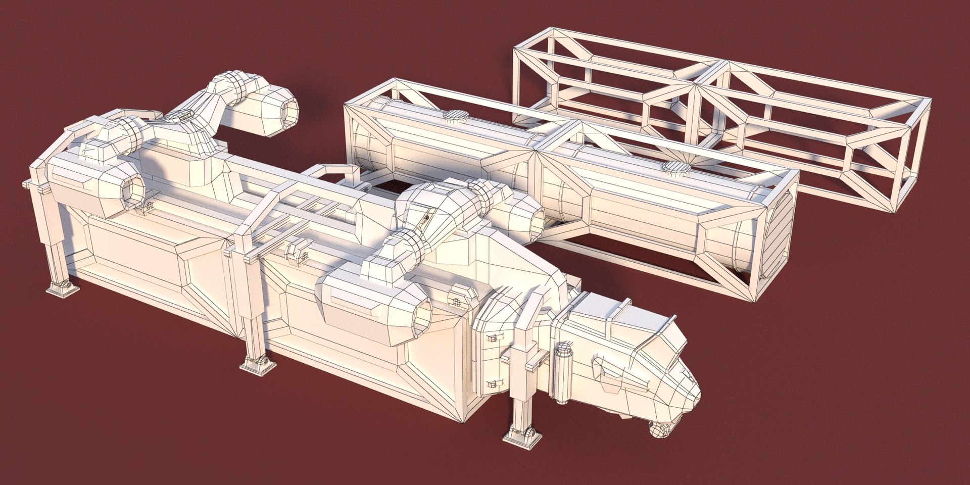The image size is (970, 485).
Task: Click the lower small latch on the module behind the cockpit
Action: pos(491,384)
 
